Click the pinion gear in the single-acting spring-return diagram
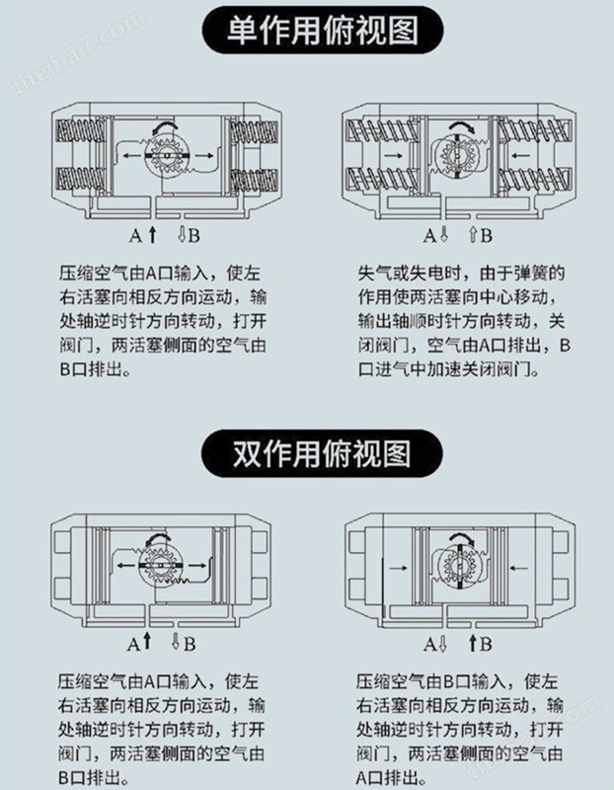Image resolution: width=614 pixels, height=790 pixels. tap(456, 159)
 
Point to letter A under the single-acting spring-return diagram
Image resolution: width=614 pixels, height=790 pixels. tap(429, 236)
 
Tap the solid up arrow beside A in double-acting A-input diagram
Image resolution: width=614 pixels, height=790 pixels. tap(147, 643)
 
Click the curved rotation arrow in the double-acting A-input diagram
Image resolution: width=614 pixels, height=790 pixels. tap(157, 539)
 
